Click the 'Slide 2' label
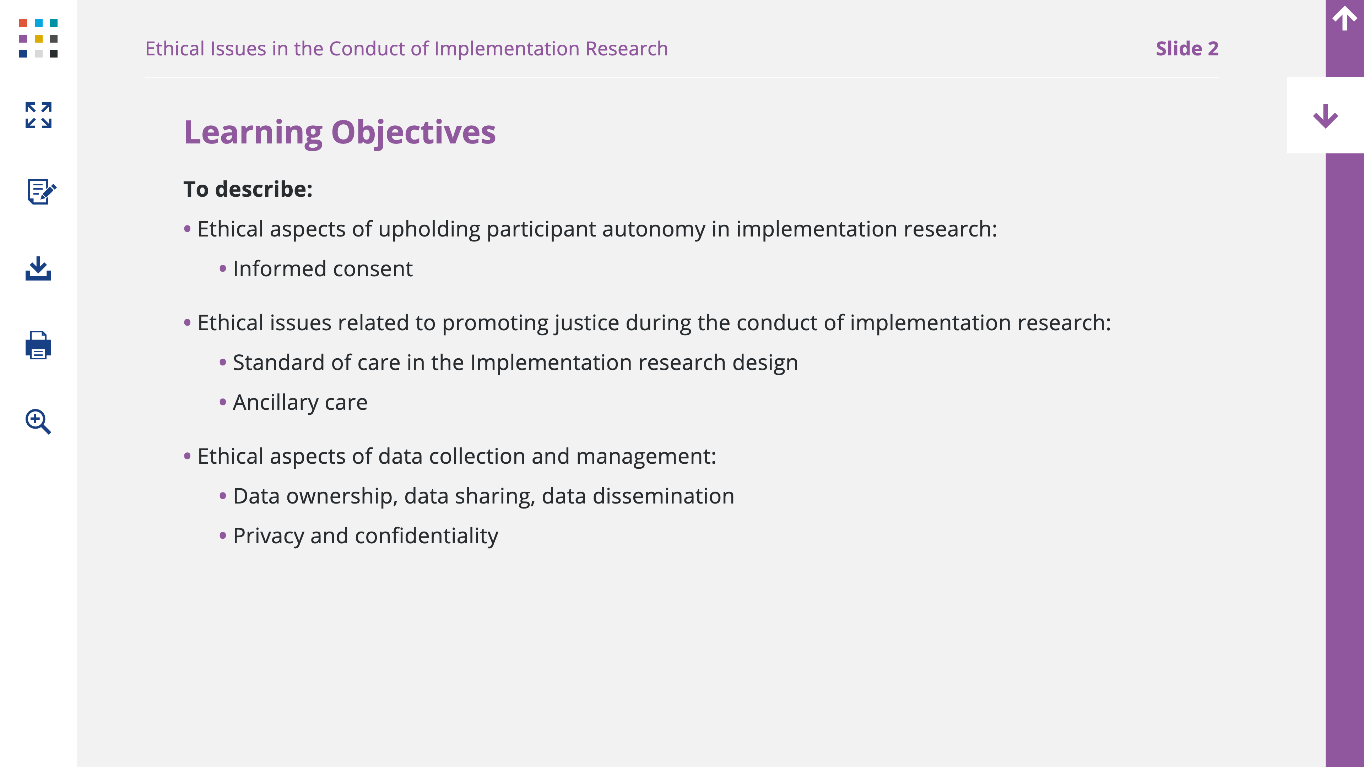click(1187, 49)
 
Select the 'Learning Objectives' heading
click(340, 132)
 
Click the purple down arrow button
click(1325, 115)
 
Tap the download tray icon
click(38, 268)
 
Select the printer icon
click(38, 345)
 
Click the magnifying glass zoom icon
click(38, 421)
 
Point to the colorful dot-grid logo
click(38, 38)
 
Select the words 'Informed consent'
click(323, 269)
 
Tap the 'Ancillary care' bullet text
click(300, 403)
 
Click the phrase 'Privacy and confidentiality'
click(366, 536)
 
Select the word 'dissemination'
click(664, 496)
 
